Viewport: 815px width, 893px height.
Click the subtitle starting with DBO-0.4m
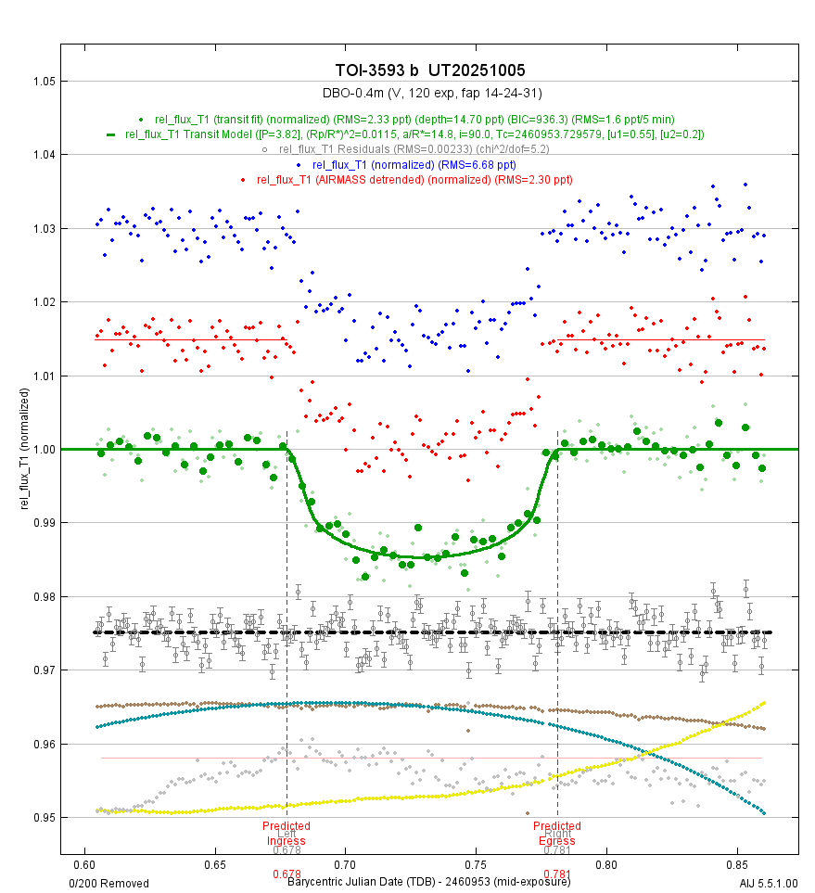(431, 93)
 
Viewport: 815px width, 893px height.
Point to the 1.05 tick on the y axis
(36, 82)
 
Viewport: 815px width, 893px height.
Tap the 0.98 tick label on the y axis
(36, 597)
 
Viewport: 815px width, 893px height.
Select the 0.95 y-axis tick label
(36, 818)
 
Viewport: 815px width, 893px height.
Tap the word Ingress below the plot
(287, 841)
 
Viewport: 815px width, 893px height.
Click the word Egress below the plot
(557, 841)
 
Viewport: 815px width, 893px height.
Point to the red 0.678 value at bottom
(287, 874)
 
